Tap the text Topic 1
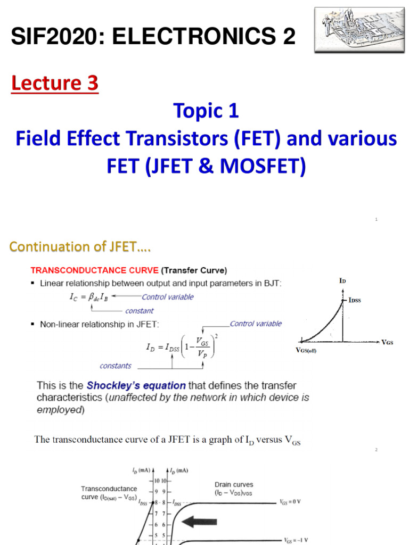(206, 111)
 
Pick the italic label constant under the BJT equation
(139, 311)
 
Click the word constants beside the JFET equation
(116, 366)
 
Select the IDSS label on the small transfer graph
(355, 301)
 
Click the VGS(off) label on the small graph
(306, 351)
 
